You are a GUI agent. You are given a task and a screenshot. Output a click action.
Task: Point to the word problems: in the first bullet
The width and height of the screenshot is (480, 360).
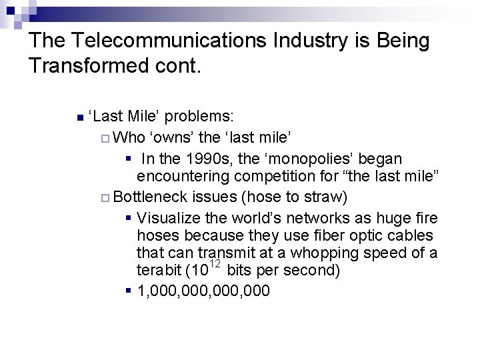point(199,117)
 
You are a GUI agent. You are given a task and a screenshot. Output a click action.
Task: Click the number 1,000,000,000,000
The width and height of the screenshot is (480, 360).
point(203,291)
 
